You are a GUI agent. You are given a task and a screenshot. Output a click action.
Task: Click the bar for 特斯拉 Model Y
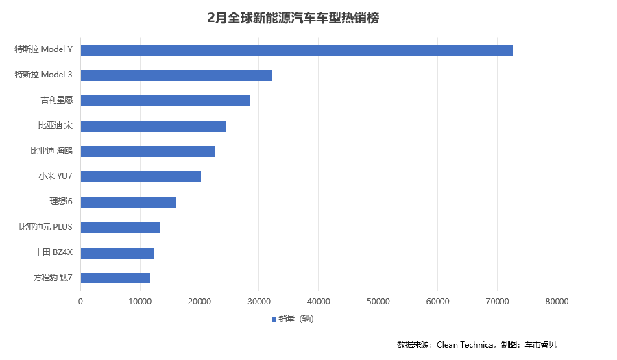pyautogui.click(x=297, y=50)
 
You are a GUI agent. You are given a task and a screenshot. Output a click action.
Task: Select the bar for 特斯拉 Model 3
pyautogui.click(x=176, y=75)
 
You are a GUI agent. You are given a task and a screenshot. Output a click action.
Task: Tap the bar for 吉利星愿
pyautogui.click(x=165, y=101)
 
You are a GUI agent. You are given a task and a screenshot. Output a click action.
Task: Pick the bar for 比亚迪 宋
pyautogui.click(x=153, y=126)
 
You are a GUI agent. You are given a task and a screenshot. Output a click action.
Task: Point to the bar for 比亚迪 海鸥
pyautogui.click(x=148, y=152)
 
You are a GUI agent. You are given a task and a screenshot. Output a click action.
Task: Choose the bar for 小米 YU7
pyautogui.click(x=141, y=177)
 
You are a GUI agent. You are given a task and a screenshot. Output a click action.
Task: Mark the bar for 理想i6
pyautogui.click(x=128, y=202)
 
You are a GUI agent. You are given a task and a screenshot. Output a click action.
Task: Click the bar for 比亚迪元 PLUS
pyautogui.click(x=121, y=228)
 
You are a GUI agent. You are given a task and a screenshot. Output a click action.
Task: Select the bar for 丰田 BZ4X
pyautogui.click(x=117, y=253)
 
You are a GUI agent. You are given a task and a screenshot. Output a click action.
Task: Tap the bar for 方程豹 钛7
pyautogui.click(x=115, y=278)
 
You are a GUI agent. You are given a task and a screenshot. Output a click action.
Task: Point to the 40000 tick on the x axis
pyautogui.click(x=319, y=301)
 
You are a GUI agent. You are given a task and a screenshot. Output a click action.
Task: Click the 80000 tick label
pyautogui.click(x=557, y=301)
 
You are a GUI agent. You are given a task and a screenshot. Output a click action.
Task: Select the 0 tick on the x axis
pyautogui.click(x=81, y=301)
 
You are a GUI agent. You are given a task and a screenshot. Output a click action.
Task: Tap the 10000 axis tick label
pyautogui.click(x=140, y=301)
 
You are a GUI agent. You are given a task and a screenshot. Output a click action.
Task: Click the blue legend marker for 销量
pyautogui.click(x=274, y=320)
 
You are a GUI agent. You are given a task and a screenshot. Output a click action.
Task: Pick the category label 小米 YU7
pyautogui.click(x=56, y=177)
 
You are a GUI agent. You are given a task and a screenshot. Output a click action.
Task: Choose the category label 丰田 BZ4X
pyautogui.click(x=53, y=253)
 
